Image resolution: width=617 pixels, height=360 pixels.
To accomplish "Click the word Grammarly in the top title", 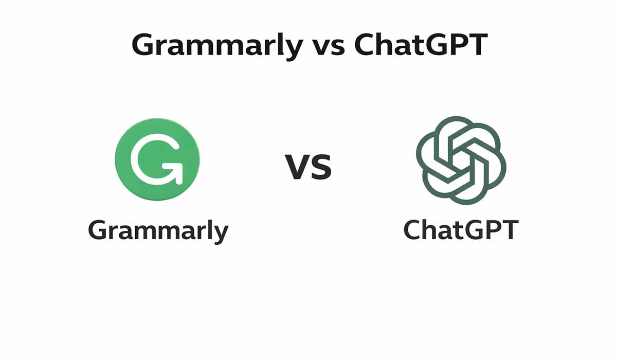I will tap(217, 46).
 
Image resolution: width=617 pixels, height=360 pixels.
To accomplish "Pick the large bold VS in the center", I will tap(308, 167).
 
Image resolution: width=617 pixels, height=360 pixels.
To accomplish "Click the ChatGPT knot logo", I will tap(460, 159).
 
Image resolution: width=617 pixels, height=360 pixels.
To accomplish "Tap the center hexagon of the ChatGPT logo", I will tap(460, 160).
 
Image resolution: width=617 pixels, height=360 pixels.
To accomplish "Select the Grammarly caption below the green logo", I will tap(158, 231).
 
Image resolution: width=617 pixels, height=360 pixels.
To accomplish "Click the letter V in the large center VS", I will tap(297, 168).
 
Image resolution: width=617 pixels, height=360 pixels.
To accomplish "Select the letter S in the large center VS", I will tap(321, 168).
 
